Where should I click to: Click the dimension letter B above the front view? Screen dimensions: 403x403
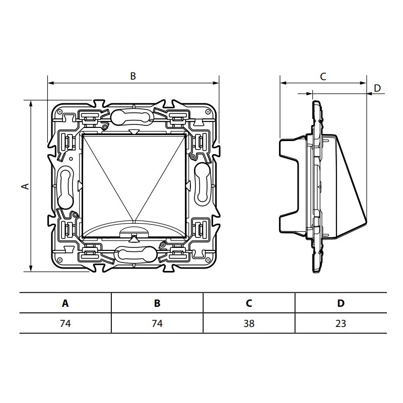click(x=133, y=76)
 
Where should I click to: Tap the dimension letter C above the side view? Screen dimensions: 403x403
click(x=323, y=77)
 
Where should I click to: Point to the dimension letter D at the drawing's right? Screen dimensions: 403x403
click(x=377, y=88)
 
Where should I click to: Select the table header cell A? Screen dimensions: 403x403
click(x=65, y=303)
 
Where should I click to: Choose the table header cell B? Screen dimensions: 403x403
click(x=157, y=303)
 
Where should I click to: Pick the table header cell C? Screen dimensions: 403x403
click(x=249, y=303)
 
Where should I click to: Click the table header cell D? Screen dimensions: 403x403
click(x=341, y=303)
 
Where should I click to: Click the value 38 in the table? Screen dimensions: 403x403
click(x=249, y=323)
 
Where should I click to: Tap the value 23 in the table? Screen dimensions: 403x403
click(x=341, y=323)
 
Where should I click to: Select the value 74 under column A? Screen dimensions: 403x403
click(x=65, y=323)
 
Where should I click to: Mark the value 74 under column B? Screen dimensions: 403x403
click(x=157, y=323)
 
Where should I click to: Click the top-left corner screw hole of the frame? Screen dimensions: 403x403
click(x=59, y=112)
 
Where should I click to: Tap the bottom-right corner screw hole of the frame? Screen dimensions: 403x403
click(x=207, y=260)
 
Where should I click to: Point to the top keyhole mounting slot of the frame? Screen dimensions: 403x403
click(x=130, y=117)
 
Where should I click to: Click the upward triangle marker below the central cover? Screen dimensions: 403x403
click(x=133, y=239)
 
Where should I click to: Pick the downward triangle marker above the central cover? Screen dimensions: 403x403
click(x=134, y=132)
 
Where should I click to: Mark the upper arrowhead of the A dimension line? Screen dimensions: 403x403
click(x=31, y=103)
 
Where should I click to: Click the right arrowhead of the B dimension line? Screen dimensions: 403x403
click(x=216, y=83)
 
